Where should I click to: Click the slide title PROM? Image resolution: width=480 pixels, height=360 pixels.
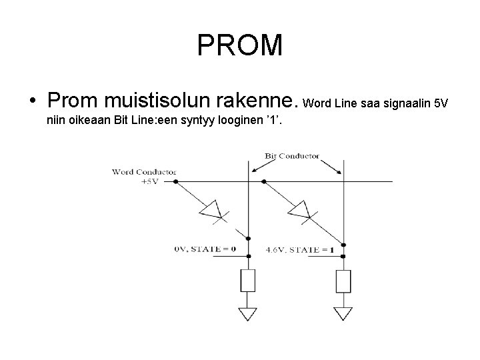pos(240,45)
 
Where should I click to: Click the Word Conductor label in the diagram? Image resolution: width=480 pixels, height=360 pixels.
pos(135,171)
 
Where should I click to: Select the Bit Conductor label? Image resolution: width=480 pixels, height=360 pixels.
pos(292,156)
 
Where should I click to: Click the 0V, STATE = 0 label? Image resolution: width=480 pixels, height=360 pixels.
pos(205,249)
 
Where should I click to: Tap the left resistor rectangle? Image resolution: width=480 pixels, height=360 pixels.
pos(248,280)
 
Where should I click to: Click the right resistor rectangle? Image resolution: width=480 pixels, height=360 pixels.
pos(343,280)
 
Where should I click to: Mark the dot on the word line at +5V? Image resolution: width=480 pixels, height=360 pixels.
pos(175,181)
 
